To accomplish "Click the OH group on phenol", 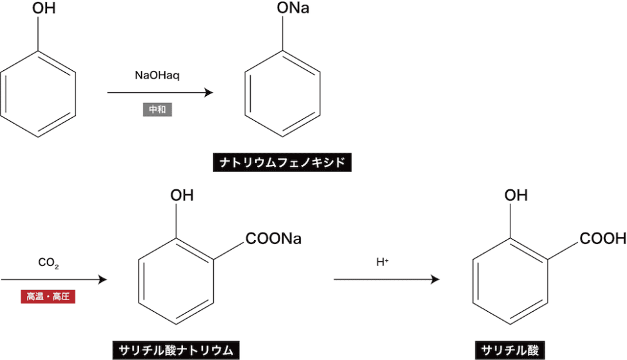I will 39,10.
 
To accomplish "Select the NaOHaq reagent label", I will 157,75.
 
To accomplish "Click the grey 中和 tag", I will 157,109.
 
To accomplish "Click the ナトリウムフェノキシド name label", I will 282,162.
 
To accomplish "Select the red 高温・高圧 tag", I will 48,297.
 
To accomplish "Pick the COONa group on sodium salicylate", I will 273,239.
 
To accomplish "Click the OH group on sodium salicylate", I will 181,195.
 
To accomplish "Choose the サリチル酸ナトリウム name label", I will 176,350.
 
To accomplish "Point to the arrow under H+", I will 387,279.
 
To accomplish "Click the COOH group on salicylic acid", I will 603,239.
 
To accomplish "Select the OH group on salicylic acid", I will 516,195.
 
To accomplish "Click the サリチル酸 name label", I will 510,350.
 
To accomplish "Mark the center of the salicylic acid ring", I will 510,281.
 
